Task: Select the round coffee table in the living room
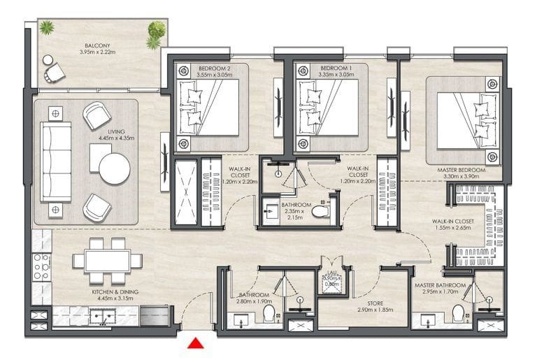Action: pyautogui.click(x=114, y=168)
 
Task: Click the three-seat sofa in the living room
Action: pyautogui.click(x=55, y=161)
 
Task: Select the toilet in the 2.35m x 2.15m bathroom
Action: pyautogui.click(x=320, y=211)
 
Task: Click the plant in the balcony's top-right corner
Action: pyautogui.click(x=156, y=32)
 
